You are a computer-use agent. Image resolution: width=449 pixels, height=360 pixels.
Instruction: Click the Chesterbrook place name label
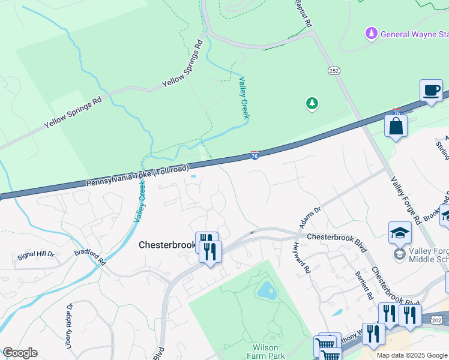pos(166,245)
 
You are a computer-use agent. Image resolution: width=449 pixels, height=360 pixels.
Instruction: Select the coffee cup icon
pos(431,91)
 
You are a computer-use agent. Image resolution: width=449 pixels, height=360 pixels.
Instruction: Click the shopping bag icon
pos(396,126)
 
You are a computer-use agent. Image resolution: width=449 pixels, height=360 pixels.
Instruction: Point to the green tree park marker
pos(312,104)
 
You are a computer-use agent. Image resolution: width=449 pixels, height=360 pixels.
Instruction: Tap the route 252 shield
pos(334,71)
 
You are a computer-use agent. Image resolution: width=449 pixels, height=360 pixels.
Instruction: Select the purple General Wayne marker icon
pos(372,33)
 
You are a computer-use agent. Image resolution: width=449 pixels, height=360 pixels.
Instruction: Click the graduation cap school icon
pos(400,233)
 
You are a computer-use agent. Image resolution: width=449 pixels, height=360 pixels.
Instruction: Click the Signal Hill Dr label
pos(35,254)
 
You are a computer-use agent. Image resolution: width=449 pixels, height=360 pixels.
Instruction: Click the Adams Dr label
pos(310,218)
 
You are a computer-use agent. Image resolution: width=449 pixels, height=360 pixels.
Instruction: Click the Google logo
pos(20,353)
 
